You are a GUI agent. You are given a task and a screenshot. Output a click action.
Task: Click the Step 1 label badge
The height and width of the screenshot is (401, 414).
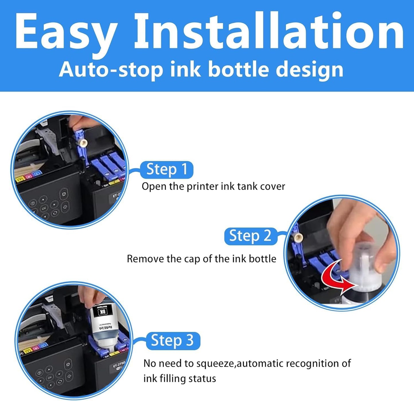[167, 169]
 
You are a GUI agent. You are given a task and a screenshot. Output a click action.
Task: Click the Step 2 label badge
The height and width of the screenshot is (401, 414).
[250, 236]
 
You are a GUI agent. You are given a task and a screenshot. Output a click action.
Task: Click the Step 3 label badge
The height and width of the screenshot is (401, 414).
[172, 341]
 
